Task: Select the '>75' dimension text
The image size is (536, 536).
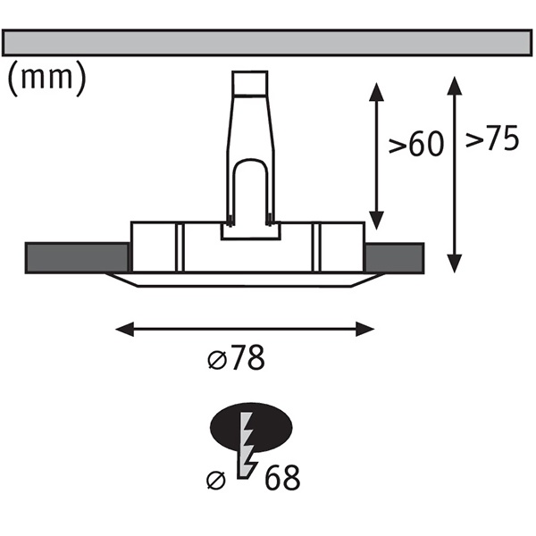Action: click(x=492, y=140)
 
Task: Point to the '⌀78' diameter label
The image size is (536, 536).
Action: click(x=236, y=359)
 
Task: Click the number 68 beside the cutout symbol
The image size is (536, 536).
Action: click(x=281, y=478)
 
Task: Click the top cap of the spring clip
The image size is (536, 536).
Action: click(x=249, y=85)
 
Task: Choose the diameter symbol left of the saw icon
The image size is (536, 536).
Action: click(x=214, y=479)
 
